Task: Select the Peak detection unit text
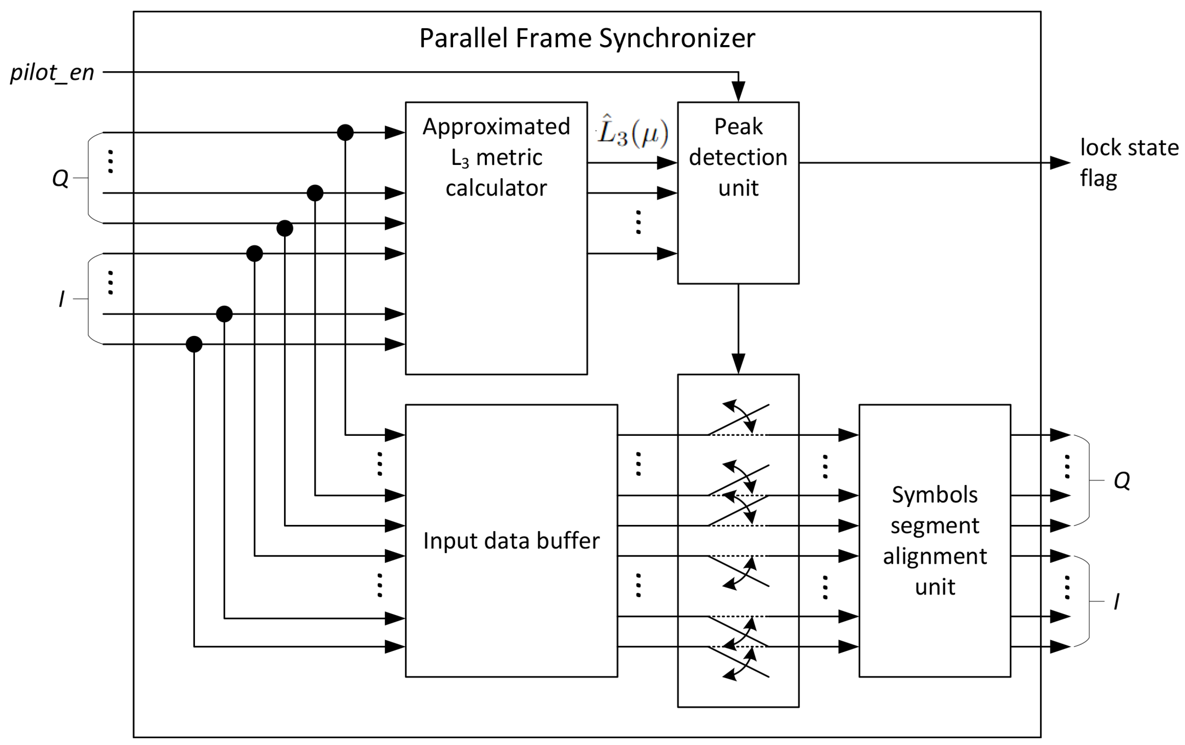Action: point(738,157)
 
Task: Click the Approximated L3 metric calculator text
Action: point(496,157)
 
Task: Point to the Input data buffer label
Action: point(511,541)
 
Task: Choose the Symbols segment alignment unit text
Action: point(934,541)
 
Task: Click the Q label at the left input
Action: point(60,178)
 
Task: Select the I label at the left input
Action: point(61,299)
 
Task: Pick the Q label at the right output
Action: point(1122,480)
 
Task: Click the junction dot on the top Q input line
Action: point(345,132)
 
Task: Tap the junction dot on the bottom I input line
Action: point(194,344)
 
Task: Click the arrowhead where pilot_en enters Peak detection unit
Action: point(738,92)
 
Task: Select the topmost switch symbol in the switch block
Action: point(738,419)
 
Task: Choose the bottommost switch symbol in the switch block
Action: point(738,663)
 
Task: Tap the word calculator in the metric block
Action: point(496,188)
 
